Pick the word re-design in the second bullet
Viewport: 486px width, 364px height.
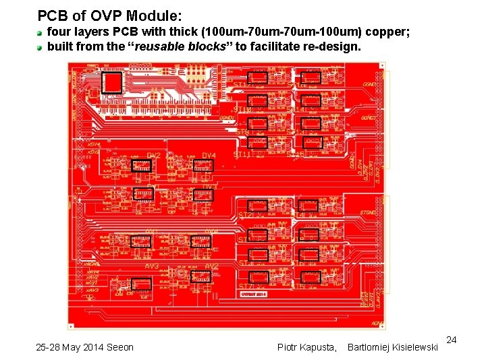333,47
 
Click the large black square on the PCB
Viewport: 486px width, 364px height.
111,83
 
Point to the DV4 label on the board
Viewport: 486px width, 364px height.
209,156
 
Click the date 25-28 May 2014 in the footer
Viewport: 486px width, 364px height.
84,347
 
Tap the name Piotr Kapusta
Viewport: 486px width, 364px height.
307,347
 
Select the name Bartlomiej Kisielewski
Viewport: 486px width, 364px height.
391,347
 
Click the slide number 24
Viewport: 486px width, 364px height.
452,340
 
